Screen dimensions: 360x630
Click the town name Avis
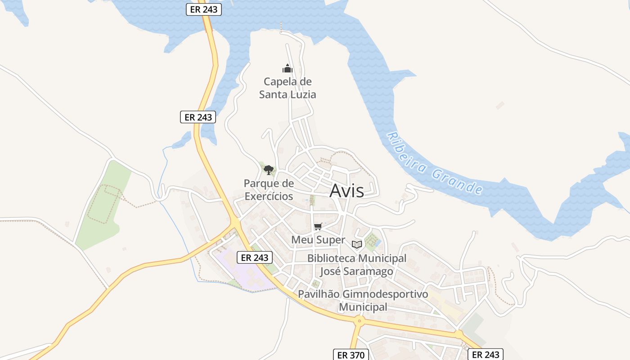pos(346,191)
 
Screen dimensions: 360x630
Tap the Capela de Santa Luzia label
pos(288,88)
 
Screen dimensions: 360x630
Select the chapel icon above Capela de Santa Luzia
pos(287,68)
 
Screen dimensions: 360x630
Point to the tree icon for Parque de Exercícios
pos(269,170)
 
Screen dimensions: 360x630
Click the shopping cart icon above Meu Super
pos(318,226)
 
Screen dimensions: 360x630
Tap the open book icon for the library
pos(357,244)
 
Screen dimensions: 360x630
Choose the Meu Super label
pos(318,240)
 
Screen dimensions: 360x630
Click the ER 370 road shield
pos(351,355)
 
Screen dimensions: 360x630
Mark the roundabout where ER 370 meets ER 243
pos(359,321)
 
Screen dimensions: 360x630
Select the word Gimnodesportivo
pos(385,294)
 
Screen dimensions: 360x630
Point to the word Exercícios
pos(269,197)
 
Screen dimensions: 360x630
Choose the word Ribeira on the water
pos(403,152)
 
